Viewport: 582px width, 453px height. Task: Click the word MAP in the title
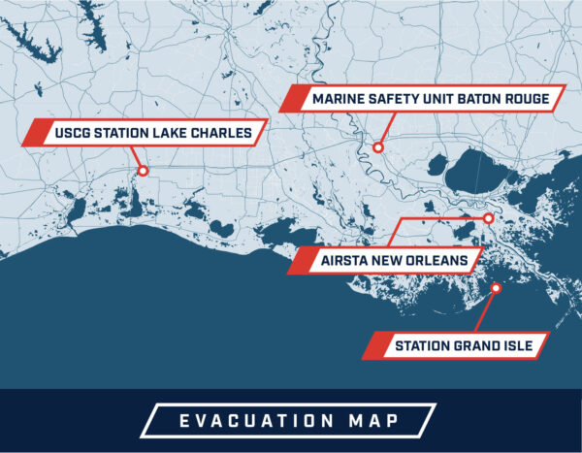382,421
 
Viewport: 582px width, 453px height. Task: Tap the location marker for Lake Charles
143,171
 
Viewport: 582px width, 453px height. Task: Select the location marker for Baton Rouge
378,147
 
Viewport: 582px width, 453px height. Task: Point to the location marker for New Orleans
489,219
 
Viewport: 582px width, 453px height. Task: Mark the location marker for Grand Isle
496,287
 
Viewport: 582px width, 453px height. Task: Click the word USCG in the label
72,132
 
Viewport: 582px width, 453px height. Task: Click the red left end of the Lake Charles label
32,132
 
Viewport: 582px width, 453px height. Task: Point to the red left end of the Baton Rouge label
289,99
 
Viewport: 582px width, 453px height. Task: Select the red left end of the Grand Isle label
372,345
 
